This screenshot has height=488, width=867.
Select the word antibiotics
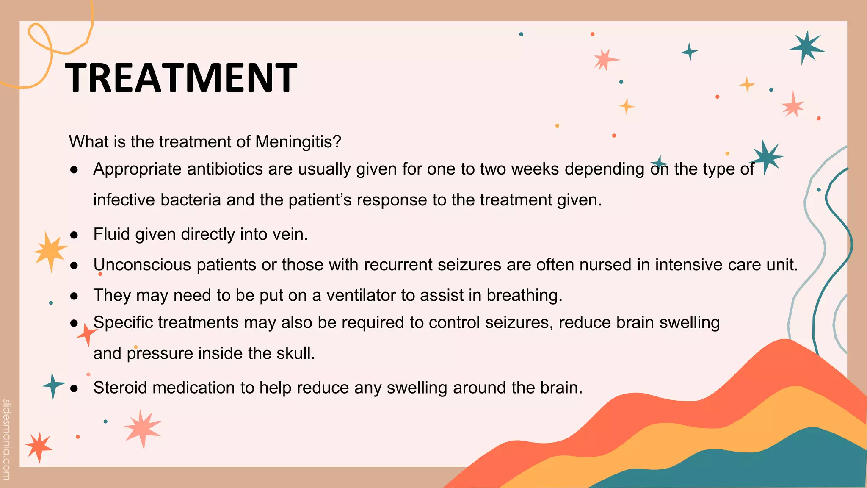[x=225, y=169]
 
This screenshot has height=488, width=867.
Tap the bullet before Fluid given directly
[x=74, y=235]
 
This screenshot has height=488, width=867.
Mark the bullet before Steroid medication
[x=74, y=388]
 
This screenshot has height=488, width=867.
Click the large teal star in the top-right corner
[x=806, y=47]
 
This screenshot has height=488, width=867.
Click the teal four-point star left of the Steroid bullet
[x=53, y=385]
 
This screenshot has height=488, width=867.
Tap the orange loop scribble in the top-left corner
[x=40, y=40]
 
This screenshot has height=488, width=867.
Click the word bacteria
[x=191, y=200]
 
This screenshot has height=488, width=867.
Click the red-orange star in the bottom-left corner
[x=39, y=446]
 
